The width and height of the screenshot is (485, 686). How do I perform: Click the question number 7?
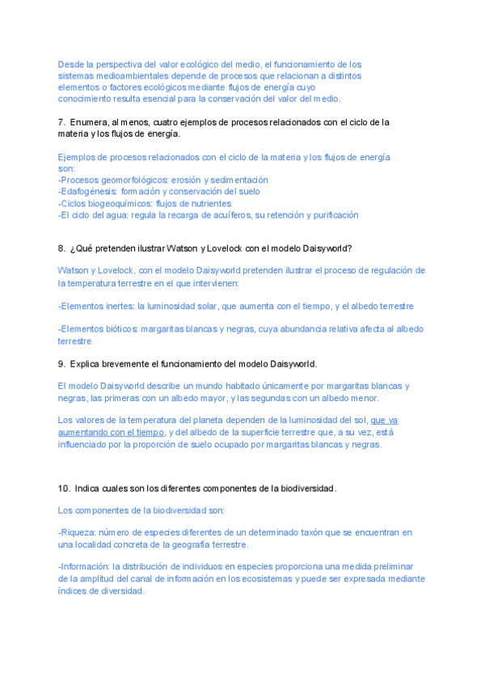pyautogui.click(x=61, y=122)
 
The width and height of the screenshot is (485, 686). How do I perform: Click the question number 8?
pyautogui.click(x=61, y=249)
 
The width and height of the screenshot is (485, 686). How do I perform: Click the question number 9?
pyautogui.click(x=61, y=364)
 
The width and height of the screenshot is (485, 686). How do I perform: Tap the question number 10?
pyautogui.click(x=64, y=489)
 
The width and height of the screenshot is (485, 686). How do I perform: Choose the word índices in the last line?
pyautogui.click(x=73, y=591)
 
